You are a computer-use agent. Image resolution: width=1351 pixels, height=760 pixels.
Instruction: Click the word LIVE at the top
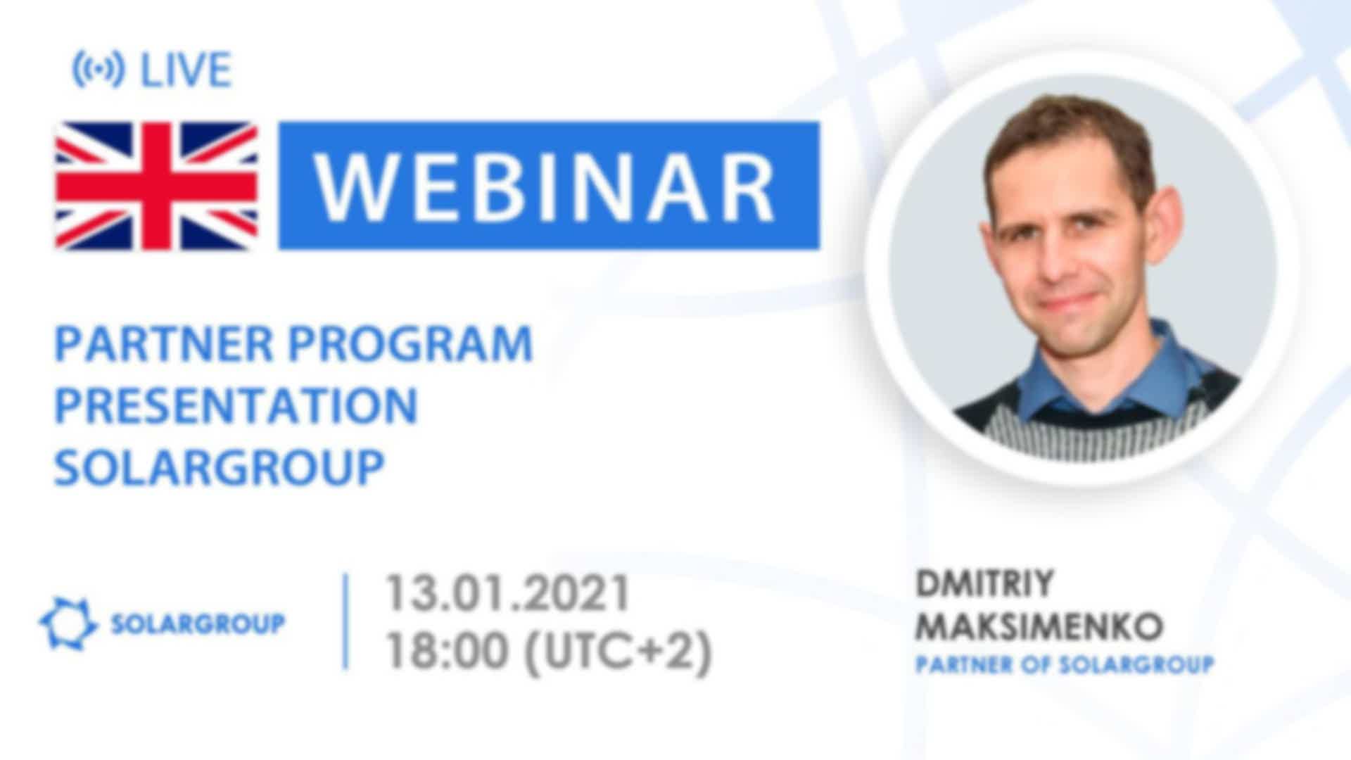[x=186, y=70]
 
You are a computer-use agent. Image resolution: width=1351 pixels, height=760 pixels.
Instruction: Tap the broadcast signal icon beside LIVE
[x=99, y=70]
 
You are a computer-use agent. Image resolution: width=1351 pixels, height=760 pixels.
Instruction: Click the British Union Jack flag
[x=156, y=186]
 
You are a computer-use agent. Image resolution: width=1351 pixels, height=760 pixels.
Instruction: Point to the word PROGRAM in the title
[x=410, y=344]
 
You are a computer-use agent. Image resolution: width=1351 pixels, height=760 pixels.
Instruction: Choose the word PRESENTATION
[x=236, y=405]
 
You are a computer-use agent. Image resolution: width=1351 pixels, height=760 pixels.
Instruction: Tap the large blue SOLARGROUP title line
[x=220, y=467]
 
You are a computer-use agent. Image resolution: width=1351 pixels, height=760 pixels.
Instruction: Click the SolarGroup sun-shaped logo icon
[x=68, y=623]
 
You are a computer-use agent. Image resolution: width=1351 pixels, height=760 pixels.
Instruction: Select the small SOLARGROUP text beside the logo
[x=198, y=623]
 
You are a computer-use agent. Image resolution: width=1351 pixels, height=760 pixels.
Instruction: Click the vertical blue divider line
[x=345, y=621]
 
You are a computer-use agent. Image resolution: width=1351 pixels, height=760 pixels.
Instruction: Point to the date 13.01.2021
[x=507, y=593]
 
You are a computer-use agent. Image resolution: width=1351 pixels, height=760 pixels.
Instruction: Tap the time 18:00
[x=446, y=651]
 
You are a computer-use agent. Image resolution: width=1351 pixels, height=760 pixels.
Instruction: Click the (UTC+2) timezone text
[x=619, y=652]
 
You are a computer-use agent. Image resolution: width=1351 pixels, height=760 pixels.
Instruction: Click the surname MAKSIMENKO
[x=1039, y=626]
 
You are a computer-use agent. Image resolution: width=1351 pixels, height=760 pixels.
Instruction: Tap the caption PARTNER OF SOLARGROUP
[x=1065, y=664]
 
